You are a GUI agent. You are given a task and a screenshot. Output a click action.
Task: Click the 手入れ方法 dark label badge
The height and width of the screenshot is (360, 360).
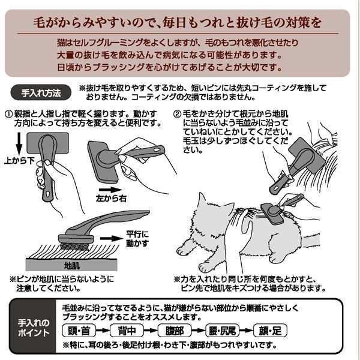point(40,94)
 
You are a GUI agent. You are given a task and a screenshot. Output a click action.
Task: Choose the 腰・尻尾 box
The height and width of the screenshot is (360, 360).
point(229,331)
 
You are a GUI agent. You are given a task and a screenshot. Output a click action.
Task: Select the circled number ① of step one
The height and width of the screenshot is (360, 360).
point(9,113)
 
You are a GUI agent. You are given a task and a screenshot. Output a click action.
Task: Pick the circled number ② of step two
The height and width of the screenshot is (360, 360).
point(178,113)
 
